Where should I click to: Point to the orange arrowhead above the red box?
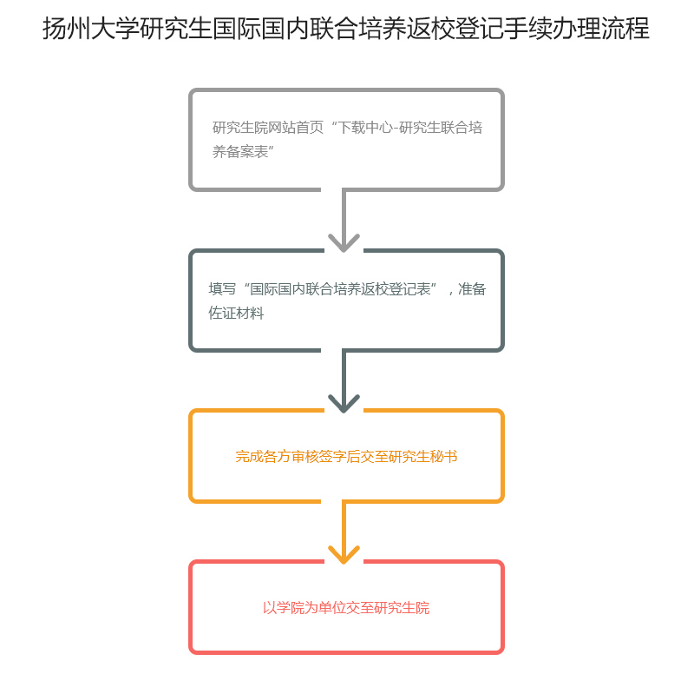tap(344, 553)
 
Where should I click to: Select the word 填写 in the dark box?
tap(222, 289)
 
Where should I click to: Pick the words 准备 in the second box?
tap(472, 289)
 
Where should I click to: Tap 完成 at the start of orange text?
tap(249, 456)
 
